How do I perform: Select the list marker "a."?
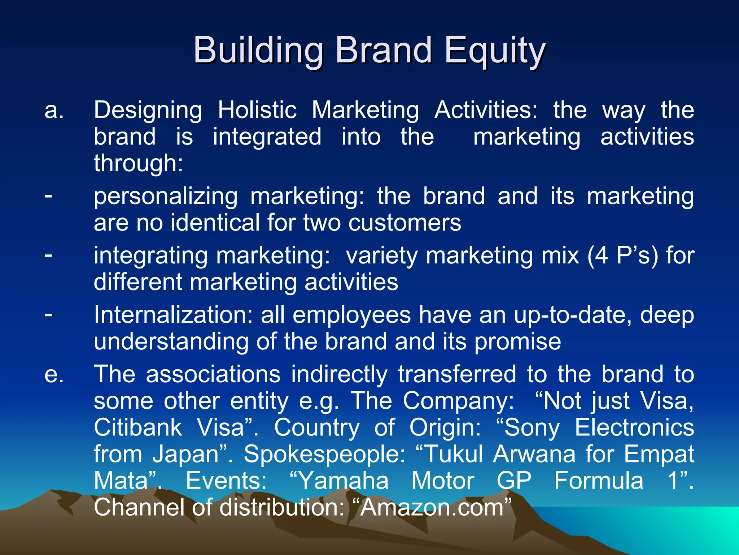point(54,110)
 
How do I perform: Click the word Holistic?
point(257,110)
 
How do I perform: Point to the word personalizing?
point(166,197)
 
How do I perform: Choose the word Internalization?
point(173,315)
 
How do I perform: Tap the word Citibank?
point(138,427)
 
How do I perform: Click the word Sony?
point(532,427)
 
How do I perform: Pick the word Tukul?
point(454,454)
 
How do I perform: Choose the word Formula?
point(599,481)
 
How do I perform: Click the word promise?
point(517,342)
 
